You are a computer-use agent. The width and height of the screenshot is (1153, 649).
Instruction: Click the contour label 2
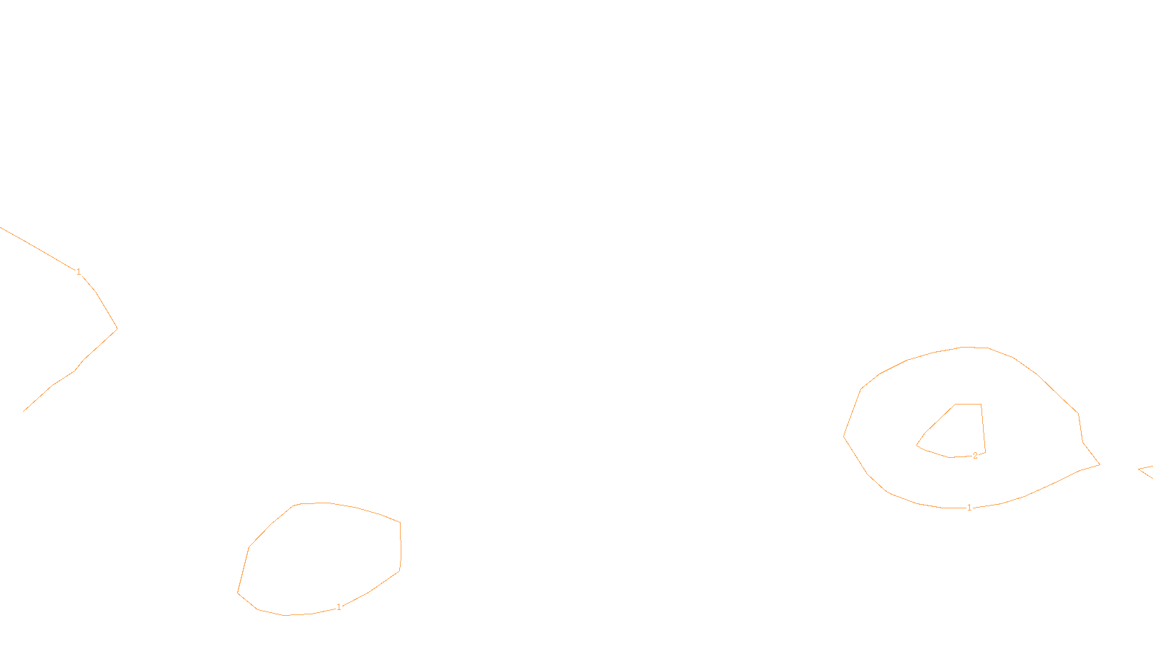click(975, 456)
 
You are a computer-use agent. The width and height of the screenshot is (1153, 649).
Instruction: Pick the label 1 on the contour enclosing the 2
click(969, 508)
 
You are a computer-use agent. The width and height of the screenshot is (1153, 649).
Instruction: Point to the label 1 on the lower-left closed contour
click(339, 607)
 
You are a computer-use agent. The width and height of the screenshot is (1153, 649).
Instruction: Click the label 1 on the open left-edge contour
click(79, 272)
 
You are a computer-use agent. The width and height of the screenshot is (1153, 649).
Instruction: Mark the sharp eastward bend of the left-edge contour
click(117, 330)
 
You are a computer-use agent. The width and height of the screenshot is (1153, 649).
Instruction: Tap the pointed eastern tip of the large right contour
click(1099, 465)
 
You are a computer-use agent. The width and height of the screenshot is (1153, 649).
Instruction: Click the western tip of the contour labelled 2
click(917, 445)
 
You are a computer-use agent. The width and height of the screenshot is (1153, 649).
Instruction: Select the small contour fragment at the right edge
click(1146, 471)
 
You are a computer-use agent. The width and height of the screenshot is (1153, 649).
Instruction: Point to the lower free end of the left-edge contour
click(25, 411)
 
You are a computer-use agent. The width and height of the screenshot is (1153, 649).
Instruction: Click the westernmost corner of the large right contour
click(844, 436)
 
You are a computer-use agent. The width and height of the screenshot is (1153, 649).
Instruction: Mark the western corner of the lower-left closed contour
click(238, 593)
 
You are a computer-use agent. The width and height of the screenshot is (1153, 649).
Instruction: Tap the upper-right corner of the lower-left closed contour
click(400, 522)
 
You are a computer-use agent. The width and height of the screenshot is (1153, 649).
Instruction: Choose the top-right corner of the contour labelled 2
click(981, 405)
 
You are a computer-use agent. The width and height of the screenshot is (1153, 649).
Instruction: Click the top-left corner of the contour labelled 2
click(956, 405)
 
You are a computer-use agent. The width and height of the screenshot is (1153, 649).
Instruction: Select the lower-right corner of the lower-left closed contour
click(399, 571)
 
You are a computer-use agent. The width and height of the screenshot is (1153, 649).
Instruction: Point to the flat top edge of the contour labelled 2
click(969, 405)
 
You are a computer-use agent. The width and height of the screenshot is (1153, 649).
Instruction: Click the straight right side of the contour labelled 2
click(983, 428)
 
